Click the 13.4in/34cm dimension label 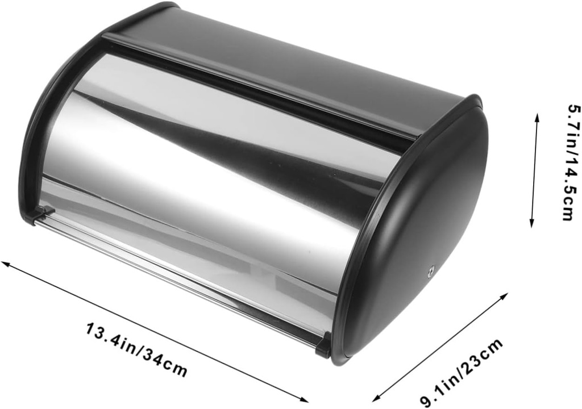tap(136, 348)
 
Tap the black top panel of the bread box tap(284, 62)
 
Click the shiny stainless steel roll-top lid tap(216, 187)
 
